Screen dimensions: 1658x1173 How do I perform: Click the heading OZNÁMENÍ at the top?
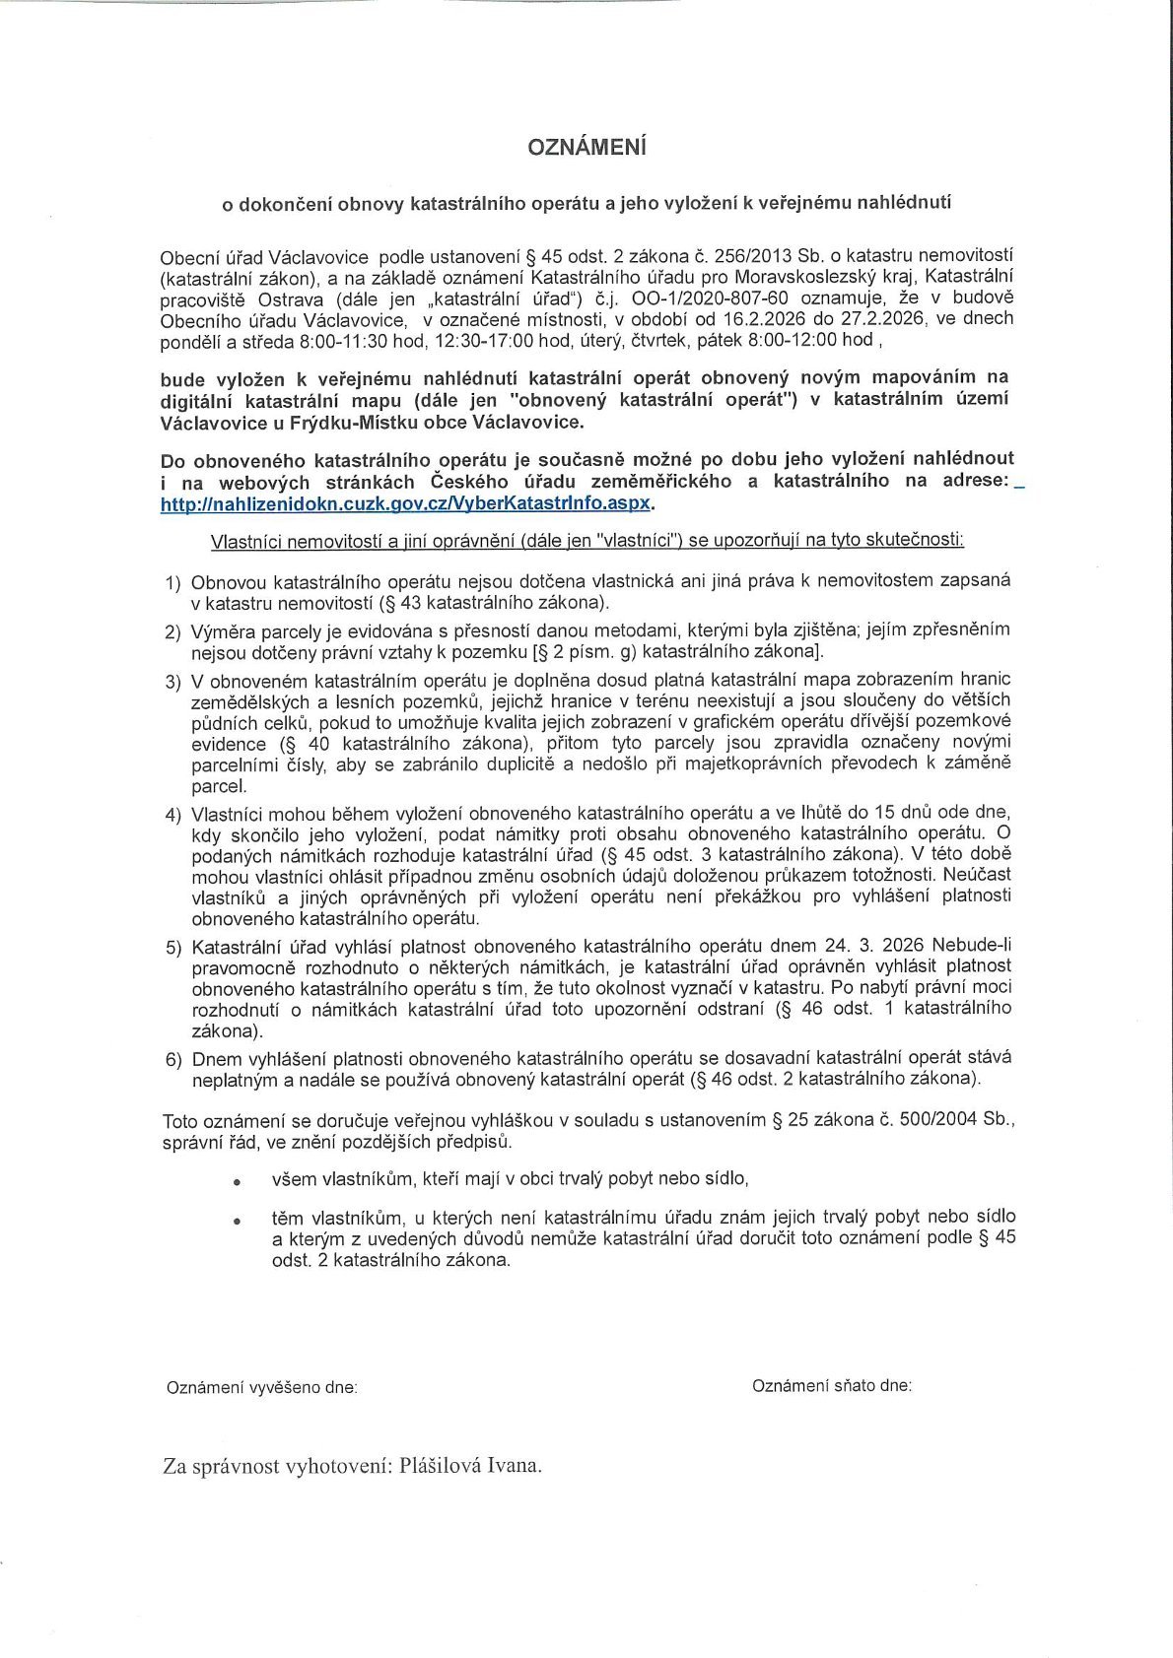click(x=586, y=148)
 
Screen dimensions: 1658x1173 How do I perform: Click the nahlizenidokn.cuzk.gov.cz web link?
click(x=406, y=502)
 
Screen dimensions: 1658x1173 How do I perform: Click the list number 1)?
click(x=172, y=582)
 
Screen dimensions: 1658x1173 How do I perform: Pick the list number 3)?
click(x=172, y=681)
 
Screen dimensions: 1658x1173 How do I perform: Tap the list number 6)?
click(x=172, y=1060)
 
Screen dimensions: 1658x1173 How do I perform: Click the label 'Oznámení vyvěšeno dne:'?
click(x=261, y=1387)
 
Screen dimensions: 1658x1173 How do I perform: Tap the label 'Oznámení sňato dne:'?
click(x=831, y=1385)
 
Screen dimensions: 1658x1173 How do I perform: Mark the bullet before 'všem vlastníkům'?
click(x=237, y=1180)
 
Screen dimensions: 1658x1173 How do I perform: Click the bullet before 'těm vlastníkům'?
click(x=237, y=1220)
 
